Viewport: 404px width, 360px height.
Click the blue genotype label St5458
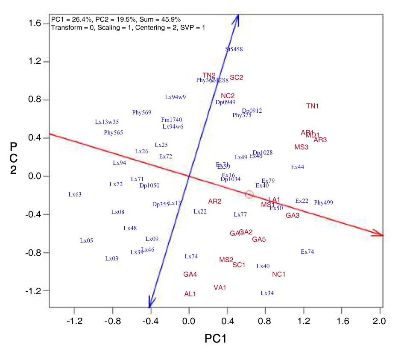tap(234, 49)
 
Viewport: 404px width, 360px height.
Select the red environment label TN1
tap(313, 106)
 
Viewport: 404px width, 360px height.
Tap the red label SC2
tap(236, 77)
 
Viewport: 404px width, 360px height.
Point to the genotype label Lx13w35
tap(107, 122)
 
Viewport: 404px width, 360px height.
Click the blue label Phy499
tap(323, 202)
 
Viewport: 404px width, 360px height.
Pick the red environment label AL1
tap(190, 294)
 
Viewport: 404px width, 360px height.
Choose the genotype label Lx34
tap(267, 293)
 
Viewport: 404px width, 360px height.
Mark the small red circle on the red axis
tap(249, 195)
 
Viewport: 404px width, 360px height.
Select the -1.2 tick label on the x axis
tap(74, 321)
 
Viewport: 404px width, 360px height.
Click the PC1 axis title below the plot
tap(215, 339)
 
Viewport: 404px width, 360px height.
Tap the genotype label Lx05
tap(86, 241)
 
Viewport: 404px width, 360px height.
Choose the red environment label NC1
tap(278, 274)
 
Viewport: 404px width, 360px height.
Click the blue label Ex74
tap(307, 252)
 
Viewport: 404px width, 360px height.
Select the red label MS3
tap(302, 147)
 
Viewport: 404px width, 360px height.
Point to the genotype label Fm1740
tap(172, 120)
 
